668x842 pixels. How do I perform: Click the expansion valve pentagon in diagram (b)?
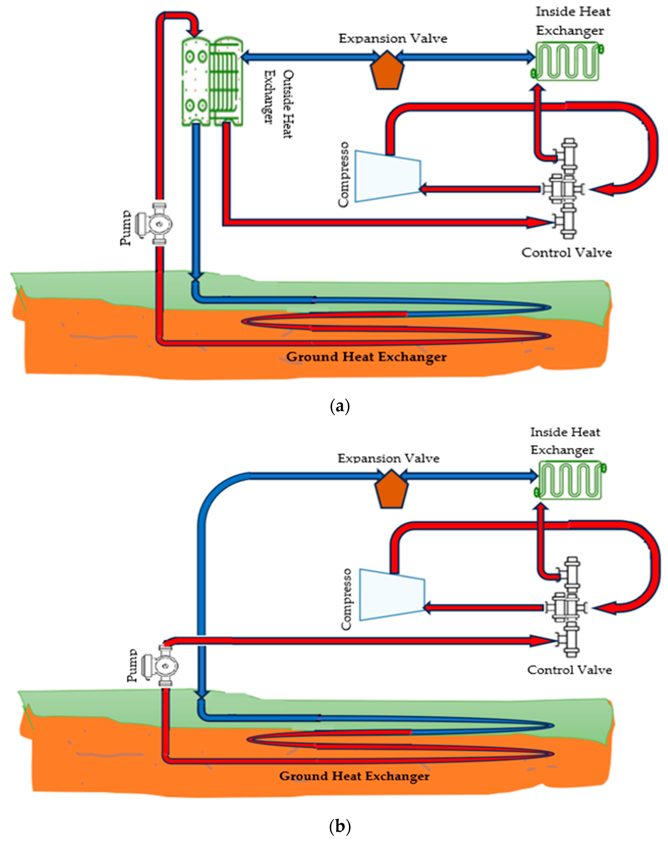click(x=391, y=489)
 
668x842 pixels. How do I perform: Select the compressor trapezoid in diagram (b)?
click(x=392, y=594)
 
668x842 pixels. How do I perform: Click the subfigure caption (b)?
click(x=340, y=826)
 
